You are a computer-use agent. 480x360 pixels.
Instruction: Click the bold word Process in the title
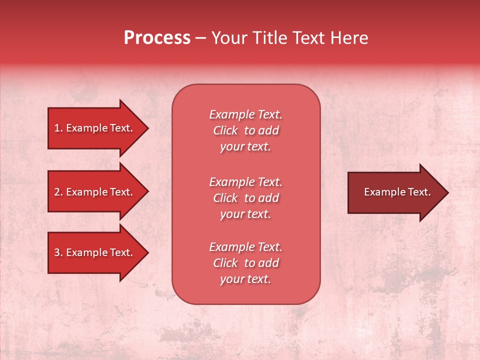(x=157, y=38)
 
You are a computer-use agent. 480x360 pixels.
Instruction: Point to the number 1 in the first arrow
(x=57, y=128)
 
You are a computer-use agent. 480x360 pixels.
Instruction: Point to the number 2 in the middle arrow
(x=57, y=192)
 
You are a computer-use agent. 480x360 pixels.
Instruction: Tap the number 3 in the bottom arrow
(x=57, y=252)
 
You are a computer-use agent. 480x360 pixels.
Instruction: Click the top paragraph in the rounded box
(x=245, y=130)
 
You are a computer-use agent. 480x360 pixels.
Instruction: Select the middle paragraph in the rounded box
(x=245, y=198)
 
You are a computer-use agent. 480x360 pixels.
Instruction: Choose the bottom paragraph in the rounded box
(x=245, y=263)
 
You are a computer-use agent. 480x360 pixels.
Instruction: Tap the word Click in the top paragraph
(x=225, y=130)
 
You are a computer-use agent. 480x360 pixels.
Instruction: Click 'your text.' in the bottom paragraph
(x=245, y=279)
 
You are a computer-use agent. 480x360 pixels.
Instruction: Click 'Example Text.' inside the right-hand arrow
(x=397, y=192)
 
